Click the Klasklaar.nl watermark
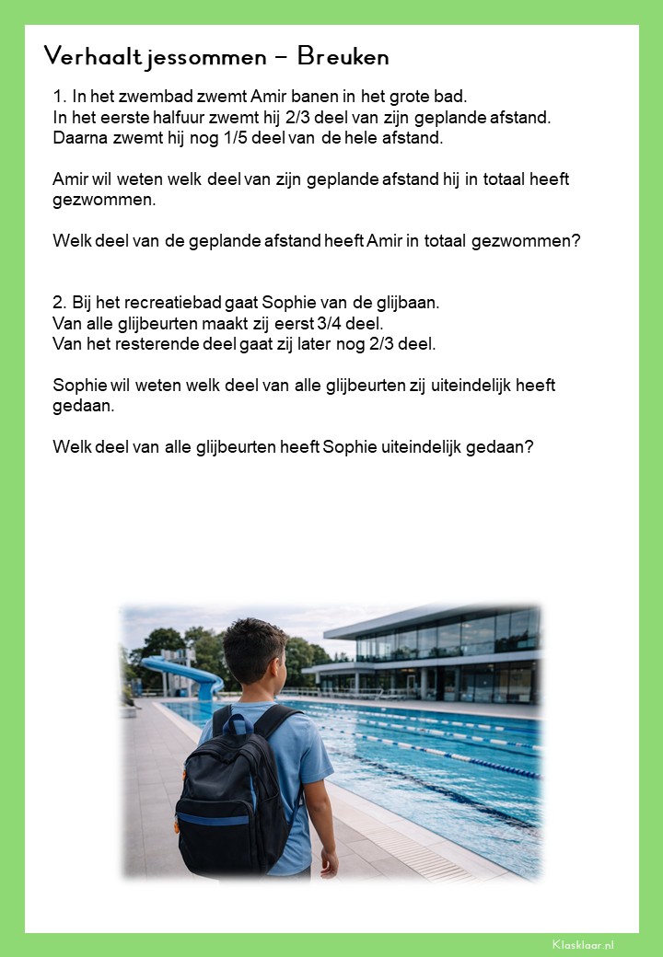[x=583, y=944]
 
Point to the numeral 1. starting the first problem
[x=60, y=97]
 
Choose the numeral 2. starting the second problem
[x=61, y=303]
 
